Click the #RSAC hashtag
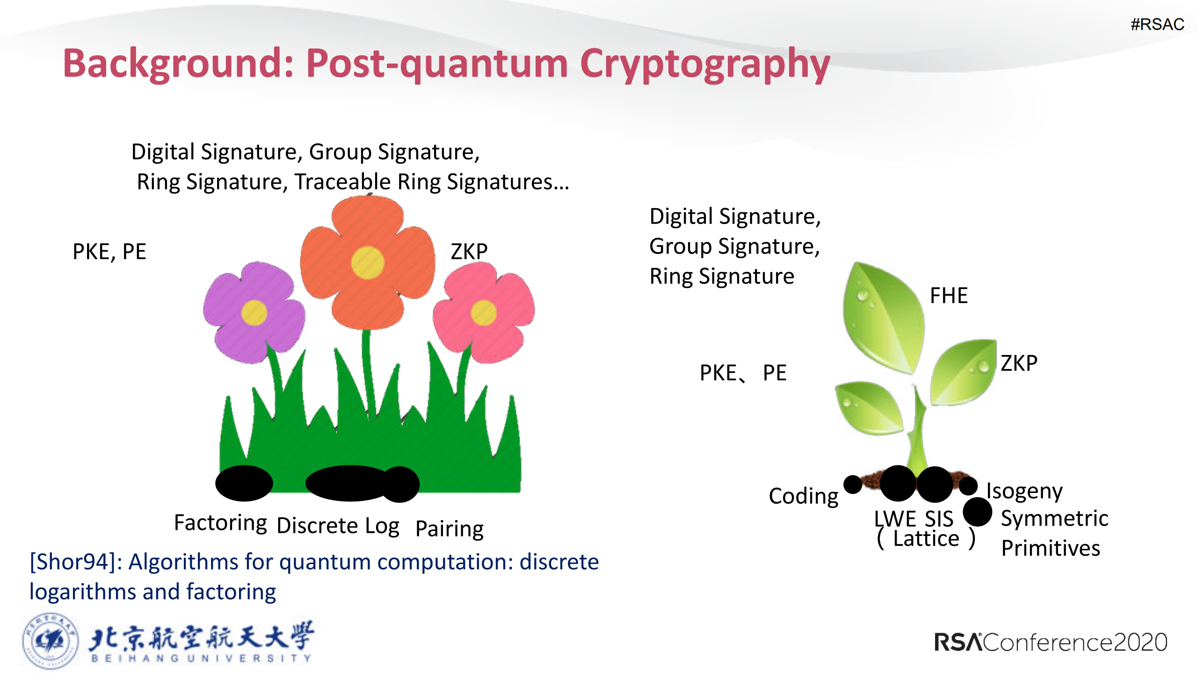click(x=1157, y=24)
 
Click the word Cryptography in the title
click(x=704, y=65)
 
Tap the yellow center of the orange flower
click(x=368, y=263)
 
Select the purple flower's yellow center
click(x=254, y=312)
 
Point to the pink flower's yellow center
click(x=483, y=312)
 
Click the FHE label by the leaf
click(x=949, y=296)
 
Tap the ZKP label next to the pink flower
click(x=469, y=252)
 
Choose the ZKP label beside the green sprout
click(x=1019, y=363)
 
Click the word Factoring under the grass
click(x=220, y=522)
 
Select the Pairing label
click(x=449, y=528)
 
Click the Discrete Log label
click(x=338, y=526)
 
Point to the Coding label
click(x=803, y=496)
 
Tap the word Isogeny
click(x=1024, y=491)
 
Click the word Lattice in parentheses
click(x=926, y=539)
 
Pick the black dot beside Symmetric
click(x=977, y=512)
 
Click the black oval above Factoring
click(x=244, y=483)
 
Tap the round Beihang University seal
click(x=50, y=641)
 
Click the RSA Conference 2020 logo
click(x=1050, y=642)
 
